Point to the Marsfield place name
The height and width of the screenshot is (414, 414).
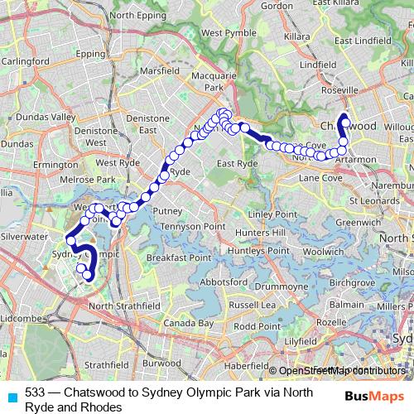pos(159,71)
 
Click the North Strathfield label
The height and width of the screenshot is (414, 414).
pos(124,306)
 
